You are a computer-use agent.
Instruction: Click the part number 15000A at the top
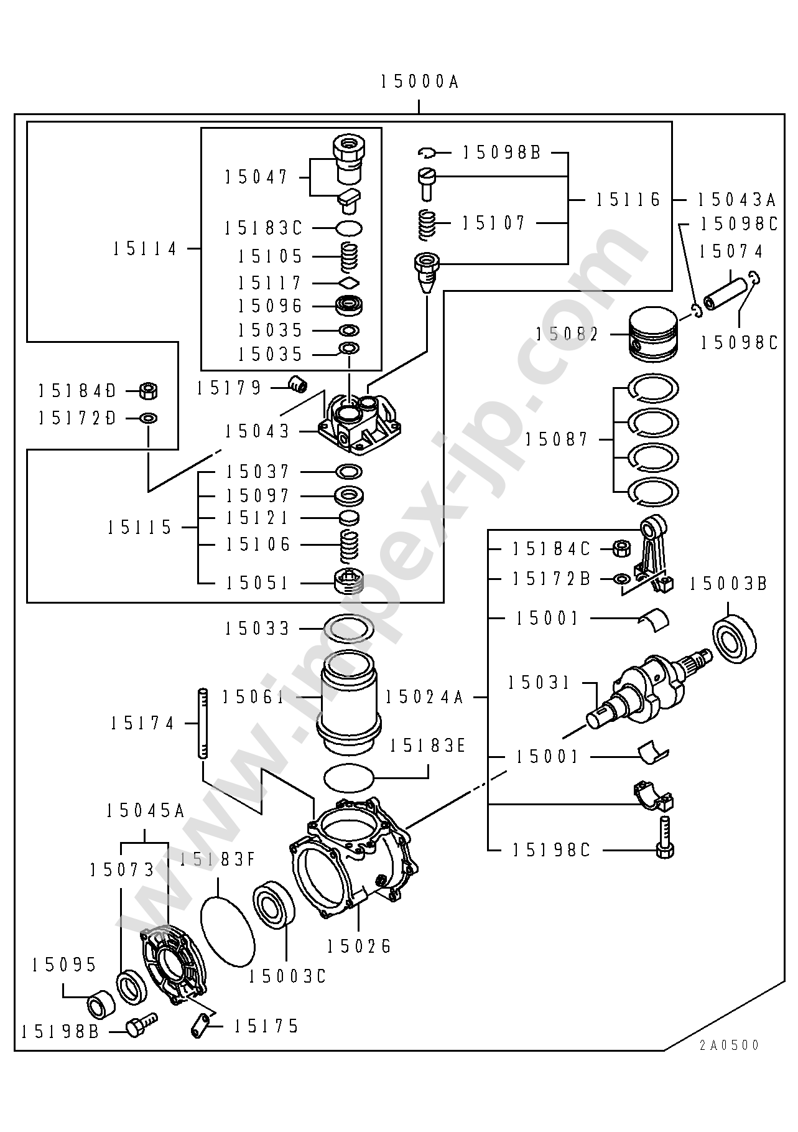coord(420,82)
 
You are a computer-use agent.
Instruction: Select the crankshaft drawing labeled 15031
coord(649,688)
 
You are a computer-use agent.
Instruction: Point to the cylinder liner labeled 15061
coord(349,704)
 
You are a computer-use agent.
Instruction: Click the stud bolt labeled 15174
coord(202,723)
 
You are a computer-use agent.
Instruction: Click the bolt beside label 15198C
coord(664,838)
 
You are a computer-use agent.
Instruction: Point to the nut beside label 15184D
coord(148,391)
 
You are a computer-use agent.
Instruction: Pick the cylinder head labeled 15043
coord(360,423)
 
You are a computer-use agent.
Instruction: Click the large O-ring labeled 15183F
coord(228,931)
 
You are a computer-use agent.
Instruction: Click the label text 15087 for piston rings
coord(556,439)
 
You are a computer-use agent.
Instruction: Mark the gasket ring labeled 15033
coord(349,629)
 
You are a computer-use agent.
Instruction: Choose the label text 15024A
coord(425,697)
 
